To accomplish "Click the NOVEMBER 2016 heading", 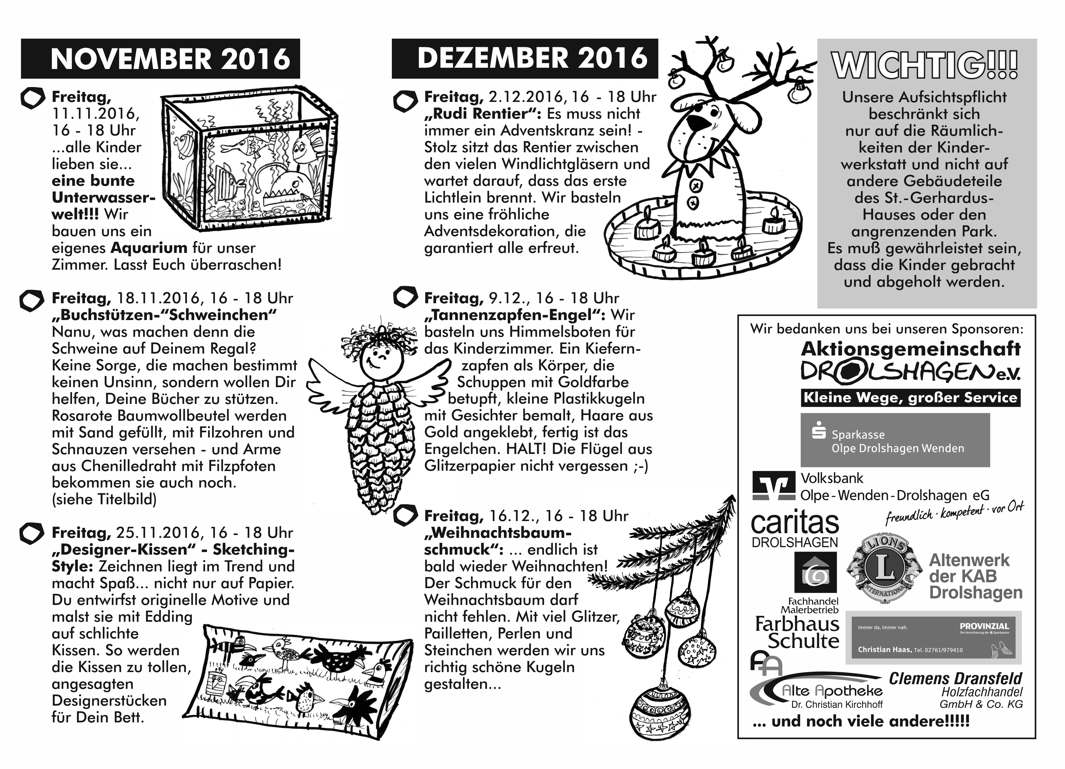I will coord(170,59).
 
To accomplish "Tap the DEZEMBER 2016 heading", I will coord(532,58).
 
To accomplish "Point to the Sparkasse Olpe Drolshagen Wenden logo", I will coord(895,440).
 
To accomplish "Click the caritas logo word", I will coord(795,522).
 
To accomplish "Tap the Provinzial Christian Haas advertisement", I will coord(933,638).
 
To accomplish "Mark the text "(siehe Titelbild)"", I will coord(104,499).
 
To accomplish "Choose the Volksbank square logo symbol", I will coord(773,485).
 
